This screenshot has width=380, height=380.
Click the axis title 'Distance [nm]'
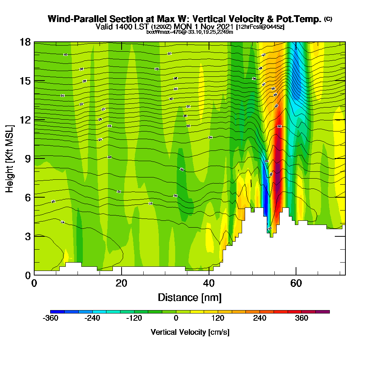(190, 297)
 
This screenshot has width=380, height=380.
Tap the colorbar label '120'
(218, 318)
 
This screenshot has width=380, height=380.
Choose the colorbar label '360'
(302, 318)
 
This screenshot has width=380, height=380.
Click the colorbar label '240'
(260, 318)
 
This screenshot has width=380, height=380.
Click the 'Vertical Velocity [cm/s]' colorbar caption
(190, 332)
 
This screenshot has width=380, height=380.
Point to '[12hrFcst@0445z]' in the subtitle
(260, 27)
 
